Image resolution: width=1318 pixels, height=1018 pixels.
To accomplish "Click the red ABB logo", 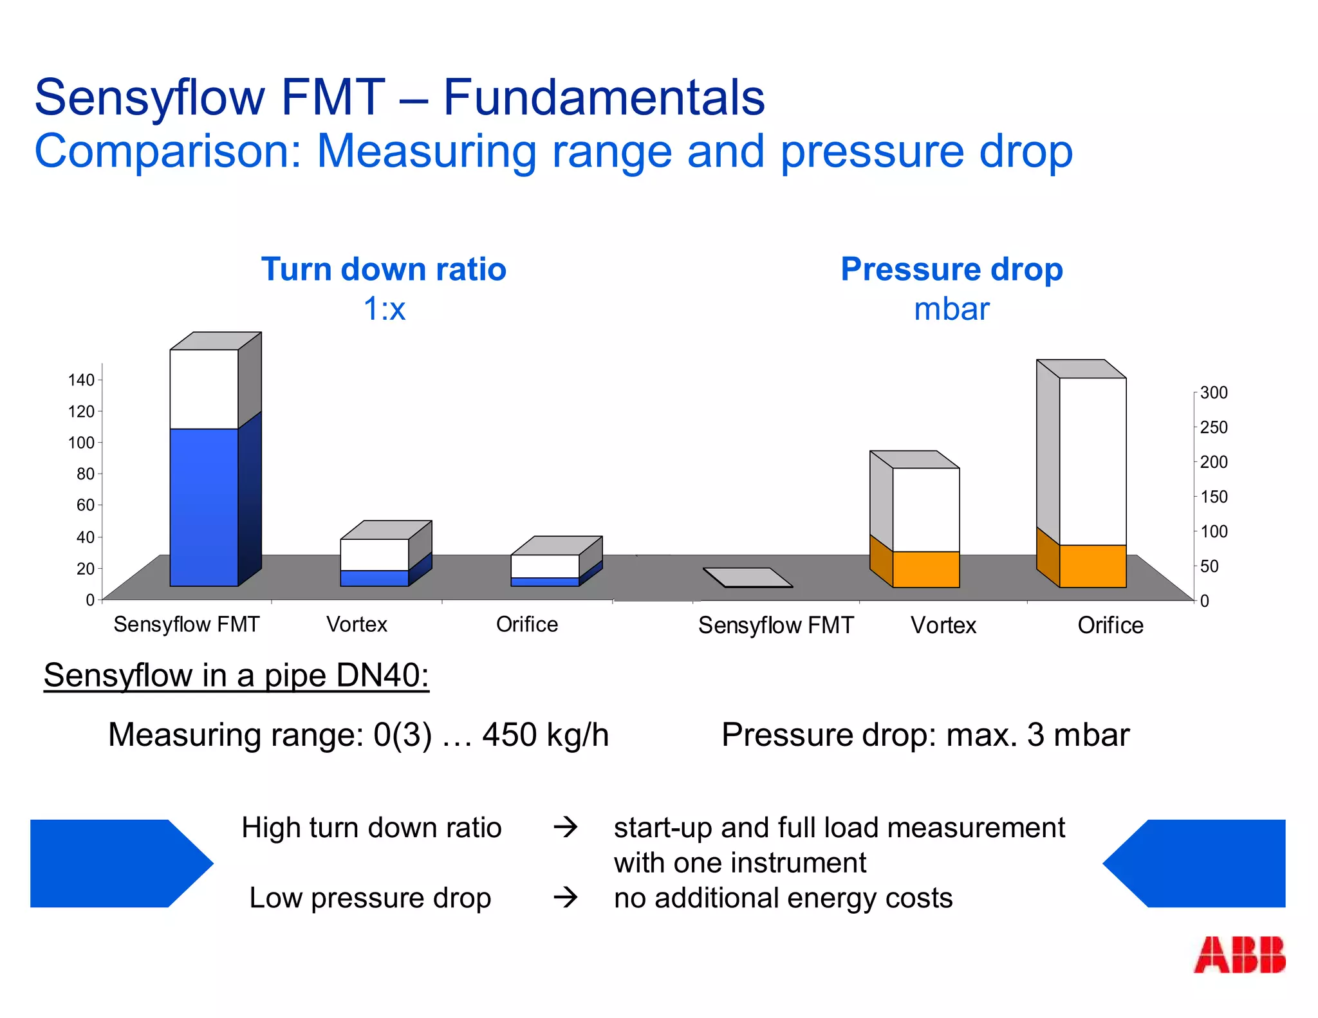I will click(x=1239, y=954).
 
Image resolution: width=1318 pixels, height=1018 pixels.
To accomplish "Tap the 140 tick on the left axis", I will click(x=82, y=380).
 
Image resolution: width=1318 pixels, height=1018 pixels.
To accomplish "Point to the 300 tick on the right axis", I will click(x=1214, y=393).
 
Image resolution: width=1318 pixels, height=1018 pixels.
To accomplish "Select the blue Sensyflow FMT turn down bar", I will click(x=204, y=506).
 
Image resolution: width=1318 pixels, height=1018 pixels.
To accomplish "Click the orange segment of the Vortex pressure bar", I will click(x=925, y=569).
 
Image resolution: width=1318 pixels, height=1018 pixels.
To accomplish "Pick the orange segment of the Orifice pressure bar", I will click(x=1092, y=566).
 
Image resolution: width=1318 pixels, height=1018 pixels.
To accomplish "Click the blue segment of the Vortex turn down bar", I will click(x=374, y=578).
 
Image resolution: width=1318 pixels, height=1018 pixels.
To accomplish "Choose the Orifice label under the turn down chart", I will click(x=526, y=624).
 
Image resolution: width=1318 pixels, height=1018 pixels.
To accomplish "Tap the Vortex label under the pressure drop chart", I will click(x=943, y=625).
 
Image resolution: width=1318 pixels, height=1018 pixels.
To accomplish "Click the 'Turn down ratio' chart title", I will click(x=384, y=269).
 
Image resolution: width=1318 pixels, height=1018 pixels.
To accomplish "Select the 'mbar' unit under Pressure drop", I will click(x=951, y=309).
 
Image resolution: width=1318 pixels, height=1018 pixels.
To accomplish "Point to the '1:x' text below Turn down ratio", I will click(x=384, y=309).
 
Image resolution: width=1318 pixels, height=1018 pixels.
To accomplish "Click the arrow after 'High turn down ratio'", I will click(x=566, y=827).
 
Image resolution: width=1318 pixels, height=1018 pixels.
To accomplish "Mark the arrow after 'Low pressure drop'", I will click(x=566, y=897).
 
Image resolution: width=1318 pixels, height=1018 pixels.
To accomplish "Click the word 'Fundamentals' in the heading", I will click(x=604, y=98).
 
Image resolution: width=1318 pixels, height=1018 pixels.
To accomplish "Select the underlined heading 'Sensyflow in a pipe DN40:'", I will click(x=236, y=676).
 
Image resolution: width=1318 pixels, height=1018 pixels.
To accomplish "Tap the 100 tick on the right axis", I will click(x=1214, y=532).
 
